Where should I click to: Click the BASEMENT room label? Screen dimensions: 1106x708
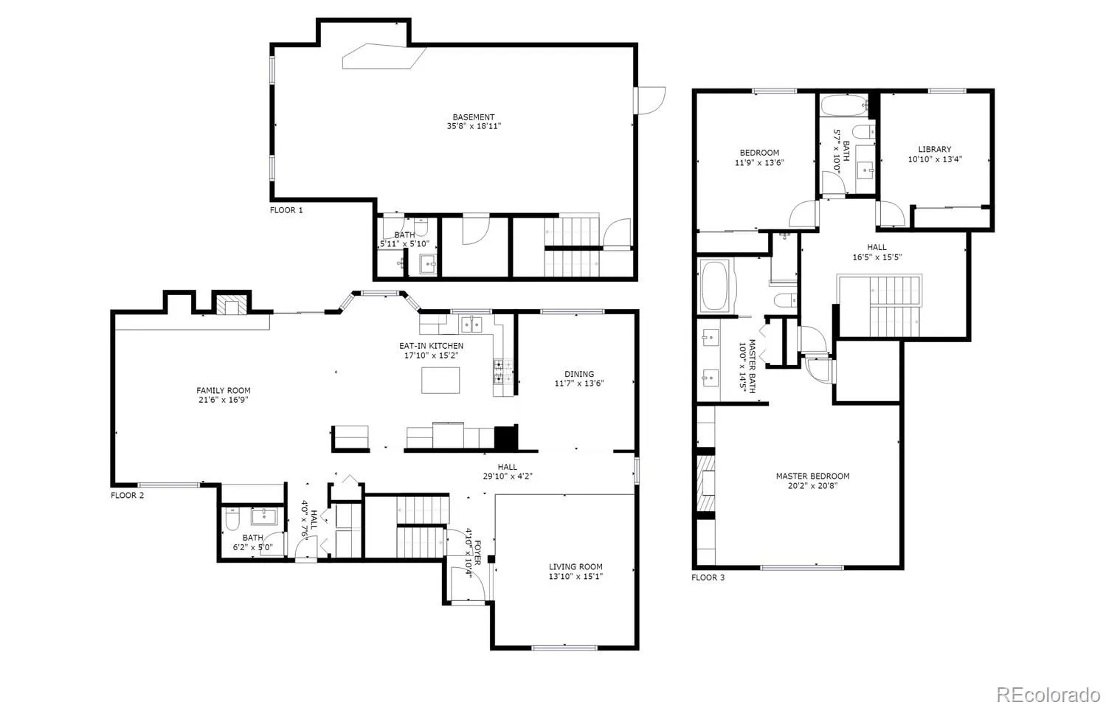474,117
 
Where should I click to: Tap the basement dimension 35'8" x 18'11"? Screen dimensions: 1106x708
474,126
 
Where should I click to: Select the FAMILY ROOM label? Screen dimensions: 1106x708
223,390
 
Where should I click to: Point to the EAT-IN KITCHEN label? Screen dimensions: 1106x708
431,346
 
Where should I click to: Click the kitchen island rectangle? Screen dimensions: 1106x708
440,381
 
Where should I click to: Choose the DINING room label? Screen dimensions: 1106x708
579,374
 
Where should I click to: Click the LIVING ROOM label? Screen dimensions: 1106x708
576,567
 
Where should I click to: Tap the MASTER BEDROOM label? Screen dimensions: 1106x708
812,476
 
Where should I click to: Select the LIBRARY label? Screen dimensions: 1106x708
935,149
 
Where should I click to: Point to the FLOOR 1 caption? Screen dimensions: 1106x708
286,210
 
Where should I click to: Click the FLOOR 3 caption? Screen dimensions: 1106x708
708,577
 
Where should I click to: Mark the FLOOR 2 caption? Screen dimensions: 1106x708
128,496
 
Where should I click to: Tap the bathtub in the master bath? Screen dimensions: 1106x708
715,286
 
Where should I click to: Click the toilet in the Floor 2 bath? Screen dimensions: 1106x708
232,519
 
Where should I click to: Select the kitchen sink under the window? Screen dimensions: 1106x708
471,324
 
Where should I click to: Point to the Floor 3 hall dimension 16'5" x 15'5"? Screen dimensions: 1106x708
877,257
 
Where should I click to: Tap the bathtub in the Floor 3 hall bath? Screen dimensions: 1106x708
844,105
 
